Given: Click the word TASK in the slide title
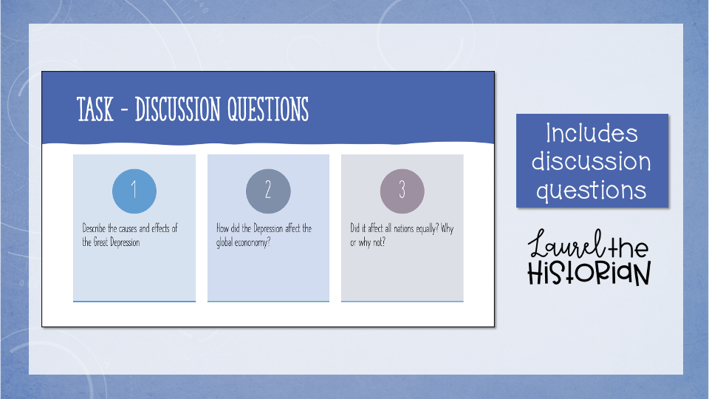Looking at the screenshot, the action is coord(95,109).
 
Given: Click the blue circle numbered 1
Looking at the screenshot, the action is coord(134,191).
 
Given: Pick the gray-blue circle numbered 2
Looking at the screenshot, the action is coord(268,191).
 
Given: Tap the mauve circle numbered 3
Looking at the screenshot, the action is coord(402,191).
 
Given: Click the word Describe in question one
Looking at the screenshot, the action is coord(94,228).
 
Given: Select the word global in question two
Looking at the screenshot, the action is coord(225,242).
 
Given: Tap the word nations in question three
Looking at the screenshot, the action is coord(404,228).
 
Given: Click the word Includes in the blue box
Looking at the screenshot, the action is coord(592,134).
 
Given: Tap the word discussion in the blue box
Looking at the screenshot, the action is coord(592,161).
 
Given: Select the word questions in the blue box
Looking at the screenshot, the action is coord(592,191).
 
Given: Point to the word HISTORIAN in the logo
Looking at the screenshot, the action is coord(589,273).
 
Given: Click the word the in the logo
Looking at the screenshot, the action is coord(628,247).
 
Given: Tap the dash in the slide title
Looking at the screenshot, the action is coord(125,110).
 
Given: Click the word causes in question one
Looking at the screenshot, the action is coord(128,228).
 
